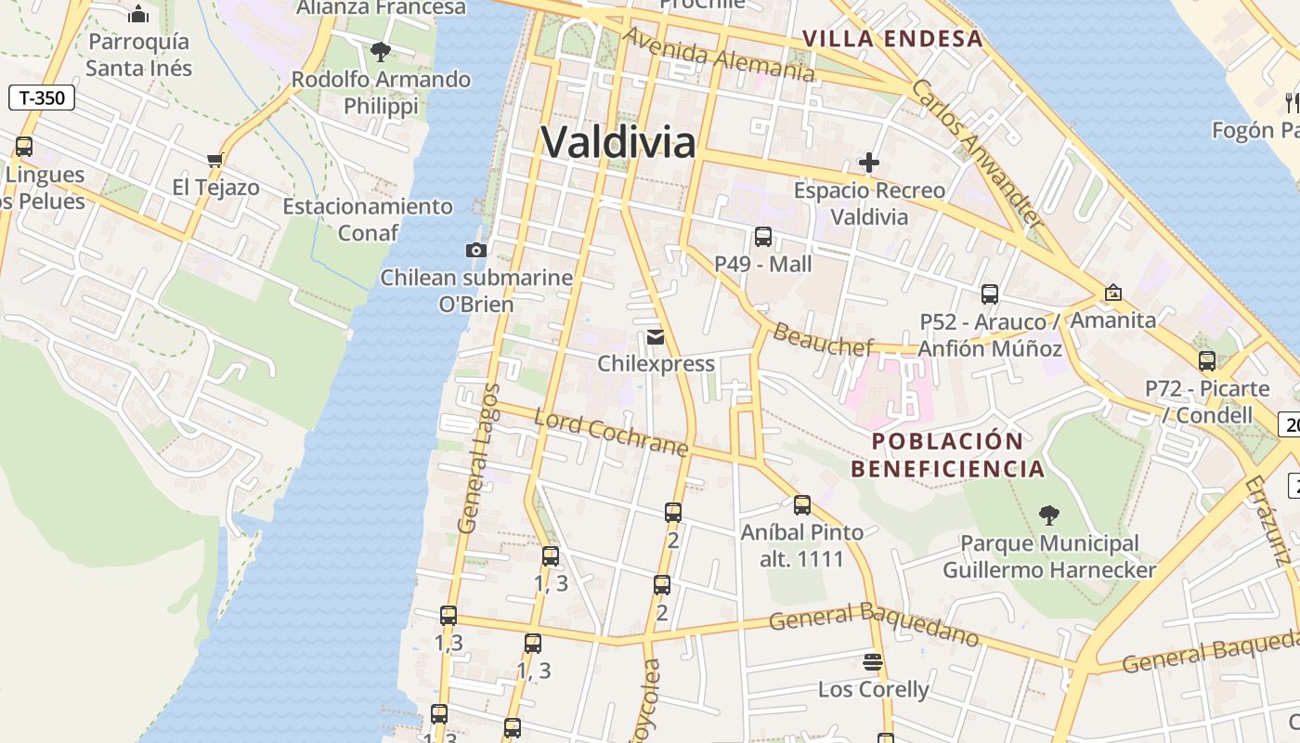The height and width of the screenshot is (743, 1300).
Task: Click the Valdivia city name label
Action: tap(618, 142)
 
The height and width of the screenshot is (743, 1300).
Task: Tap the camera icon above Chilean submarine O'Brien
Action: tap(475, 250)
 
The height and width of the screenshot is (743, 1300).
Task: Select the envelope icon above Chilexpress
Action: tap(656, 336)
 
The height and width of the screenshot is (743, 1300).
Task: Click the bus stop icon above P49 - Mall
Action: tap(763, 236)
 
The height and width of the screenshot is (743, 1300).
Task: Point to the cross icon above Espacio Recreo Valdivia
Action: tap(869, 163)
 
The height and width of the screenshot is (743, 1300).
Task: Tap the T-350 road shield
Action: tap(42, 97)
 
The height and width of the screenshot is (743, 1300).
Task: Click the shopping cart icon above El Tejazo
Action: tap(215, 160)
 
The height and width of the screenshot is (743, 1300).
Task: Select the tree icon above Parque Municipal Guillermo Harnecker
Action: tap(1049, 515)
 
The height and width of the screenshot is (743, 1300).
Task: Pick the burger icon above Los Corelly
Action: tap(873, 661)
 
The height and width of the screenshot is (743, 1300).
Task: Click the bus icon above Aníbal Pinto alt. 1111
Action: tap(802, 504)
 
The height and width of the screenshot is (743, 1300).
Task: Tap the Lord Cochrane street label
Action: tap(611, 433)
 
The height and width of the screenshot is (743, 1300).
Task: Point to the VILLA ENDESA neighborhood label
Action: tap(892, 38)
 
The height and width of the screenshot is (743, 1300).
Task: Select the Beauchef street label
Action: tap(823, 340)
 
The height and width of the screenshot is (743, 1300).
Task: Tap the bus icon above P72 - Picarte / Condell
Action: tap(1207, 360)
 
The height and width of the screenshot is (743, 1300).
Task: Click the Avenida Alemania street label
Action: tap(719, 54)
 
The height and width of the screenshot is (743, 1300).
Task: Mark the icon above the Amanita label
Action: tap(1113, 293)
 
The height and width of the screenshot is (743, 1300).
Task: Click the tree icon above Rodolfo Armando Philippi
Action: tap(380, 51)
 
